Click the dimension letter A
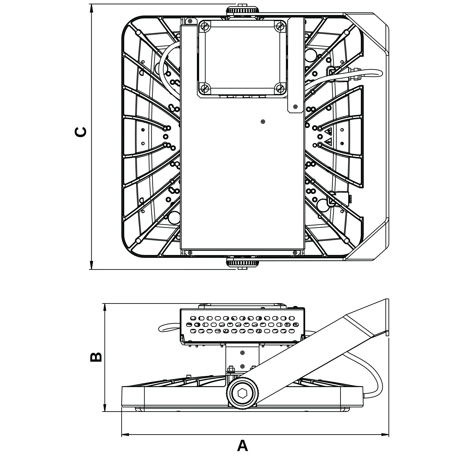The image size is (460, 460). click(x=242, y=445)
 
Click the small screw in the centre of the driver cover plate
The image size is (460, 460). click(x=263, y=122)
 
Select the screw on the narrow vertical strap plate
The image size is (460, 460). click(x=295, y=106)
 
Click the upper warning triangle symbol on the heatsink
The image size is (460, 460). click(x=329, y=132)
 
